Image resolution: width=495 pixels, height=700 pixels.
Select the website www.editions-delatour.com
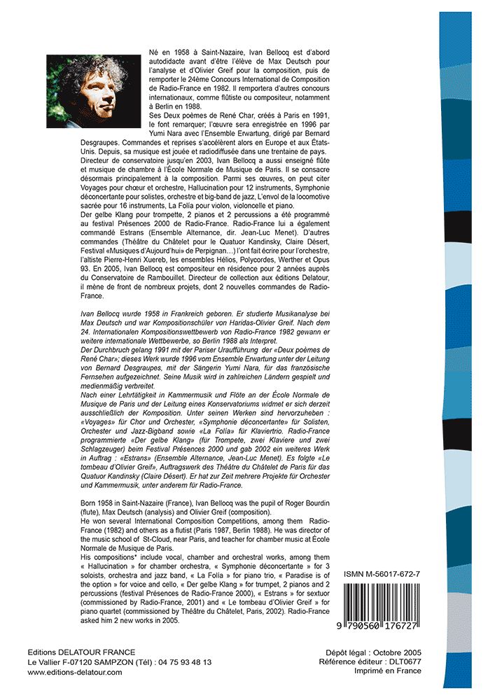click(x=75, y=672)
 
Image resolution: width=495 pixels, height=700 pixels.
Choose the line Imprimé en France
click(x=389, y=671)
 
